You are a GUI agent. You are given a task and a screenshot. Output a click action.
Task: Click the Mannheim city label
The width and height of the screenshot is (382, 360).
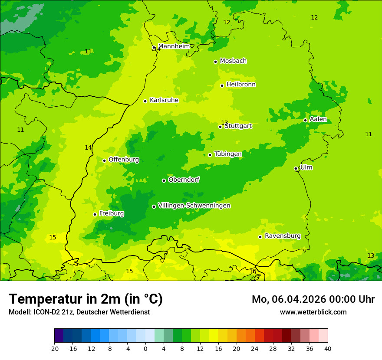point(174,46)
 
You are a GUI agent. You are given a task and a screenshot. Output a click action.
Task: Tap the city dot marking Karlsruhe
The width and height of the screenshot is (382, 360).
point(145,101)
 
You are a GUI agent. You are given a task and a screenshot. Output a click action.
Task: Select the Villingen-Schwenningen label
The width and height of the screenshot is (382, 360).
point(194,205)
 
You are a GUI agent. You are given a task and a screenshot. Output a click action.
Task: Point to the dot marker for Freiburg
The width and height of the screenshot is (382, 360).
point(95,214)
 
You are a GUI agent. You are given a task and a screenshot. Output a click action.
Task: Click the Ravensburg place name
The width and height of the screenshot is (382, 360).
point(283,236)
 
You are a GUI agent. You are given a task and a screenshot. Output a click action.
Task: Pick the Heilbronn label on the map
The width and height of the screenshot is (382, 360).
point(241,84)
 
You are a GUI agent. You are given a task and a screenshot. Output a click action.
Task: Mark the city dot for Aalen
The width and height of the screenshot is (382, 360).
point(305,120)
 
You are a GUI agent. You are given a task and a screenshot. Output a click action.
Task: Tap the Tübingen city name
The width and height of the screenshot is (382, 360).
point(228,154)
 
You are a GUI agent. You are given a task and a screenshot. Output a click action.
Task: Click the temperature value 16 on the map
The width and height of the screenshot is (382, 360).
point(253,271)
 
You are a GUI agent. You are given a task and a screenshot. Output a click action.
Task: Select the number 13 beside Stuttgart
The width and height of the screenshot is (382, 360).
point(224,123)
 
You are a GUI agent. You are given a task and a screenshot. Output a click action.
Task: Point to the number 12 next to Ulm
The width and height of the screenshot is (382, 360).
point(297,170)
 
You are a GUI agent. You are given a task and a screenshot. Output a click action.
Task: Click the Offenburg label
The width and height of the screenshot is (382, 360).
point(124,159)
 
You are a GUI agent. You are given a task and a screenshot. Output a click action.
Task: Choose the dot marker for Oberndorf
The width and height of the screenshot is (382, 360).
point(164,180)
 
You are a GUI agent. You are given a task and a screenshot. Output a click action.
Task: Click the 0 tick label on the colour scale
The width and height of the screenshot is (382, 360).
point(145,348)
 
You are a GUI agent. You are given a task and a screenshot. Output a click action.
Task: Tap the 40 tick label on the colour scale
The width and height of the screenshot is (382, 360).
point(328,348)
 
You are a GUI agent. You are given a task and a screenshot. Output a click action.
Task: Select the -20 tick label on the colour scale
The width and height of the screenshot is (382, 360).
point(54,348)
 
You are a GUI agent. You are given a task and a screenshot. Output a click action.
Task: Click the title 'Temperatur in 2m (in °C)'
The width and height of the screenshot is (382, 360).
point(86,299)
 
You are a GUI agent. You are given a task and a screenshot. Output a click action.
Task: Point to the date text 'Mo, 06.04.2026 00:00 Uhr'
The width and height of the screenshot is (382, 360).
point(313,299)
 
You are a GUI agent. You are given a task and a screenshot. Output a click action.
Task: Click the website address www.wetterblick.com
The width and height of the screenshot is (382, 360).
point(313,312)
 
